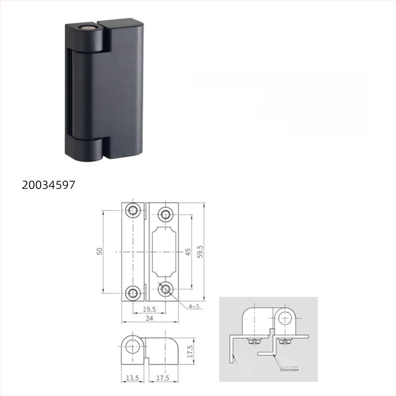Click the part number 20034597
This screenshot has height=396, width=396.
(48, 185)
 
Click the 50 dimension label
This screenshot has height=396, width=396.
(99, 251)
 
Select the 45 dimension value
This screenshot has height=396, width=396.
(188, 251)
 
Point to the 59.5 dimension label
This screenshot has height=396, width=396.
(200, 251)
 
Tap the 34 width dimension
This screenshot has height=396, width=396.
(149, 319)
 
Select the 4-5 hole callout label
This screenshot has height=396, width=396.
(194, 306)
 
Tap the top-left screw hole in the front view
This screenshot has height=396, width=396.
(133, 211)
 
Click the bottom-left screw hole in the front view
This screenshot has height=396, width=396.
(133, 292)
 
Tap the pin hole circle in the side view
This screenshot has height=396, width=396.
(132, 347)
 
